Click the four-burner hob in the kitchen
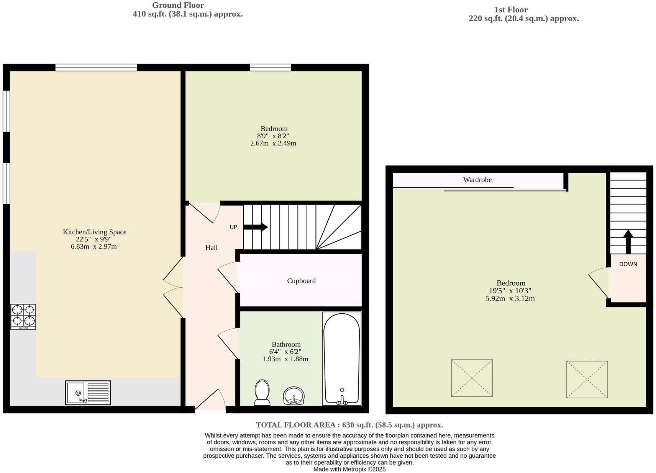(23, 316)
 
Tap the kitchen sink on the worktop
(88, 393)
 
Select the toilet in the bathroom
(262, 392)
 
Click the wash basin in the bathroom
(294, 396)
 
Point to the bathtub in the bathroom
(342, 358)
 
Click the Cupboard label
(301, 281)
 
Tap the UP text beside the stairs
(233, 227)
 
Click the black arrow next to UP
(256, 227)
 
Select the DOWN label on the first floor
(628, 264)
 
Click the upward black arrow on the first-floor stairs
(628, 242)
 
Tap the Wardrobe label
(477, 180)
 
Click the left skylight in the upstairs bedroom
(472, 378)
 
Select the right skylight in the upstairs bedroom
(587, 379)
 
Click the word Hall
(211, 248)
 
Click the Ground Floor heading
(178, 5)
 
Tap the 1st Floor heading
(511, 10)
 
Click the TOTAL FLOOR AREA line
(349, 425)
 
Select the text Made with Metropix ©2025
(349, 469)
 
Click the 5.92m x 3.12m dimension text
(510, 298)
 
